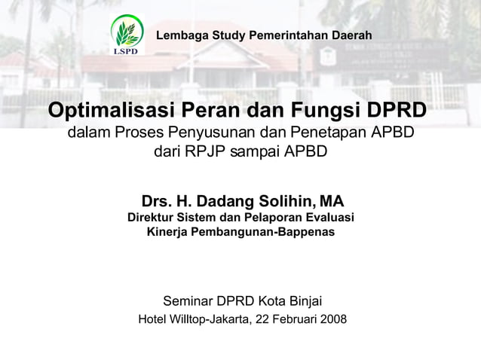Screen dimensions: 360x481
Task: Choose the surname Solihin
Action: [x=286, y=201]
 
